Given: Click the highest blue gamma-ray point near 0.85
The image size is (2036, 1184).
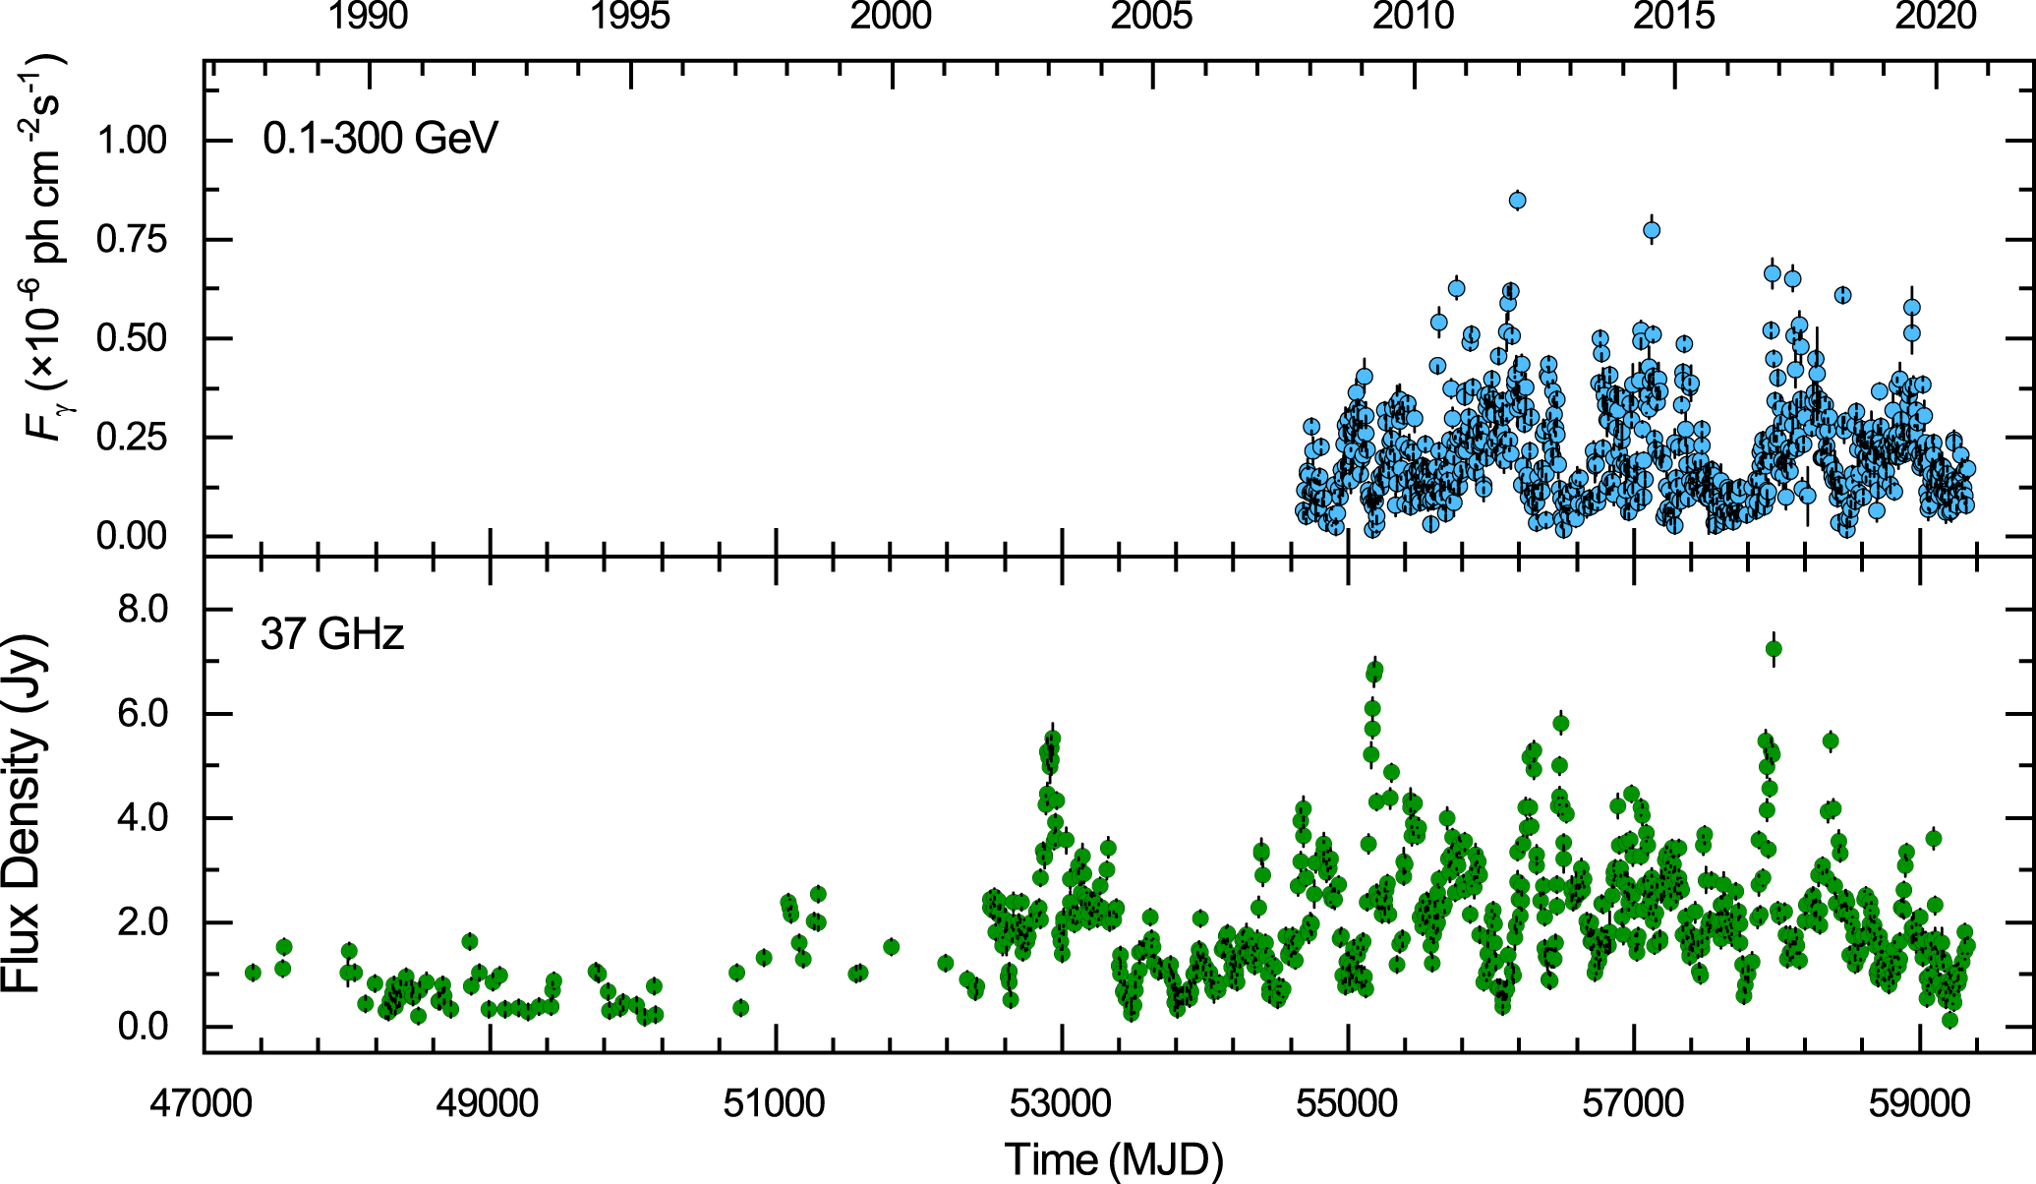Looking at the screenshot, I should [x=1517, y=201].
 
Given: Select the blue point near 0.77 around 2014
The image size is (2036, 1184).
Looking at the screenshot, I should [x=1652, y=230].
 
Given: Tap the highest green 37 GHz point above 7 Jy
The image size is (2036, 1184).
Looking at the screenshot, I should [x=1774, y=648].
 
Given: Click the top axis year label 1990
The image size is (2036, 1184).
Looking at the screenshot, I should [x=368, y=17].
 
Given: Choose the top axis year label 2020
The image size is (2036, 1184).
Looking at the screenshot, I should [x=1935, y=17].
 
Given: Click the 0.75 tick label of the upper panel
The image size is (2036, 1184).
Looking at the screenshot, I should [x=132, y=239].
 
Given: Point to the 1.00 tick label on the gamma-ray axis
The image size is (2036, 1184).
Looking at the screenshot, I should [x=132, y=140].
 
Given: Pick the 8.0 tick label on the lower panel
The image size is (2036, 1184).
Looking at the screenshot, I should [x=144, y=610].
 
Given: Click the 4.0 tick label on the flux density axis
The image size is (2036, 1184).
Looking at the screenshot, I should [x=144, y=818].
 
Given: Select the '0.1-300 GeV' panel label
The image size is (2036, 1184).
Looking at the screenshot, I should [x=379, y=138].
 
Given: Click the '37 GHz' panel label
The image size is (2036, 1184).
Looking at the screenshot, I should [x=332, y=634].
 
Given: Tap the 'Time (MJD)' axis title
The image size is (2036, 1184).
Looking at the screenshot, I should [x=1114, y=1158].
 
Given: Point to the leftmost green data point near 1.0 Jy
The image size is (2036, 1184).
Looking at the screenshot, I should [x=253, y=973].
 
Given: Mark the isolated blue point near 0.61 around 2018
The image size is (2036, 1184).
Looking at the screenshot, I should [x=1842, y=295].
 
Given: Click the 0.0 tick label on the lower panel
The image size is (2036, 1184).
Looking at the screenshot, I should [x=144, y=1027].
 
